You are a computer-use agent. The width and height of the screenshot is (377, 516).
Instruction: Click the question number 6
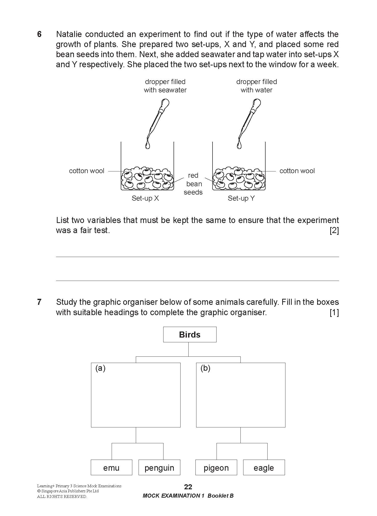39,34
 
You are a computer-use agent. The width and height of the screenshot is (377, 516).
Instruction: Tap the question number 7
39,302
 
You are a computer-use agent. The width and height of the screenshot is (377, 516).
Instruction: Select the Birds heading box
190,335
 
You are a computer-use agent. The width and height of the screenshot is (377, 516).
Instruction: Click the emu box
111,468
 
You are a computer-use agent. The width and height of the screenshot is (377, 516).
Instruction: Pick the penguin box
159,468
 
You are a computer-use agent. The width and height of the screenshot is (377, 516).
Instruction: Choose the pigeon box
216,468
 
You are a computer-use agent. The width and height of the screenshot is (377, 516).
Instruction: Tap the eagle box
264,468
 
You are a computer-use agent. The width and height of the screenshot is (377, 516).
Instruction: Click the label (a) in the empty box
100,368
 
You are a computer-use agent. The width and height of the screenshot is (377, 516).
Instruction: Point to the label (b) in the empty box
205,368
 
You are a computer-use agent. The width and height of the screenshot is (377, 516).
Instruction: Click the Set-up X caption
145,198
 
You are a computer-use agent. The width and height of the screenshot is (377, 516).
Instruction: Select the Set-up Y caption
241,198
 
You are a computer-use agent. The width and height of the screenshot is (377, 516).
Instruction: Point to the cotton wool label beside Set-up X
87,171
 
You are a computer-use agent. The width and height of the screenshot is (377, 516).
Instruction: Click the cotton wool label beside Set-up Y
297,171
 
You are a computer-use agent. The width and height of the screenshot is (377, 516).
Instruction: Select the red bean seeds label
193,184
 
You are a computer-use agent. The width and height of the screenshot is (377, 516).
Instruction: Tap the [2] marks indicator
334,231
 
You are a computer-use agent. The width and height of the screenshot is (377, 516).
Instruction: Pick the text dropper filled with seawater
165,86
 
